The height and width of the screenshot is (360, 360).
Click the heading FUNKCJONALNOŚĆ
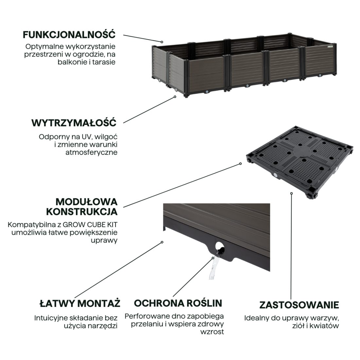[x=69, y=35]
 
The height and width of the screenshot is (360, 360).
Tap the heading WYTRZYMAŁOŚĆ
[x=74, y=123]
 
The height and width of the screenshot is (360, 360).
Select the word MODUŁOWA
[x=86, y=202]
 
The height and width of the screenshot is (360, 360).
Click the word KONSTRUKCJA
[x=82, y=212]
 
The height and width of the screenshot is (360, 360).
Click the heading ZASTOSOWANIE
[x=299, y=305]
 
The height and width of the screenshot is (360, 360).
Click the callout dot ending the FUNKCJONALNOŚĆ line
[x=162, y=42]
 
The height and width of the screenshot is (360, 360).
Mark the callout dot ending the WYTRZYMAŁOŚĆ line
[x=175, y=97]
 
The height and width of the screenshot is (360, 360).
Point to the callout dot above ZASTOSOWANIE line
[x=291, y=193]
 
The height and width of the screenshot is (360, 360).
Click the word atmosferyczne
[x=91, y=153]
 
